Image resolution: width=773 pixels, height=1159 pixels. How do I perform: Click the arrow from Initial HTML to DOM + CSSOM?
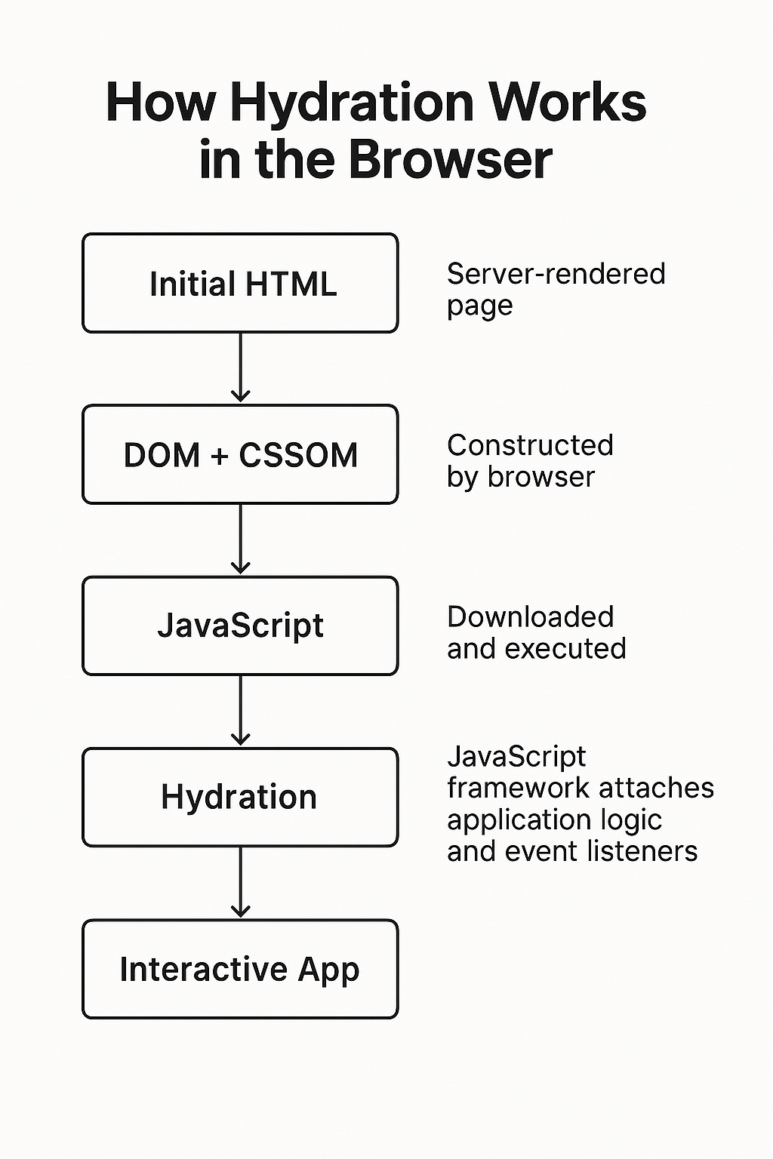[240, 367]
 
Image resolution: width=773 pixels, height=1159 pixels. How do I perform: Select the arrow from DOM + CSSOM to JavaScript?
[240, 539]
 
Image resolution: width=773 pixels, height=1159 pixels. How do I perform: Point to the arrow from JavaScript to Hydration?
[240, 710]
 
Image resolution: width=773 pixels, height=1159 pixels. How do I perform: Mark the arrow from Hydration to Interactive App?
[240, 881]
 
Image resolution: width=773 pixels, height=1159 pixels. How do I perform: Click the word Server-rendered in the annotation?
[556, 274]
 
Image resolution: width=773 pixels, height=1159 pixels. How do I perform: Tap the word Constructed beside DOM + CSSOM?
[530, 445]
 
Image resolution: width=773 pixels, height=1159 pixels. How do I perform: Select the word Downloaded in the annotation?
[530, 616]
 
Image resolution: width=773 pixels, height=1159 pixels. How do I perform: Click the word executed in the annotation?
[565, 648]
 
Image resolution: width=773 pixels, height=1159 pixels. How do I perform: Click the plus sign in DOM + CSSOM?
[220, 456]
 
